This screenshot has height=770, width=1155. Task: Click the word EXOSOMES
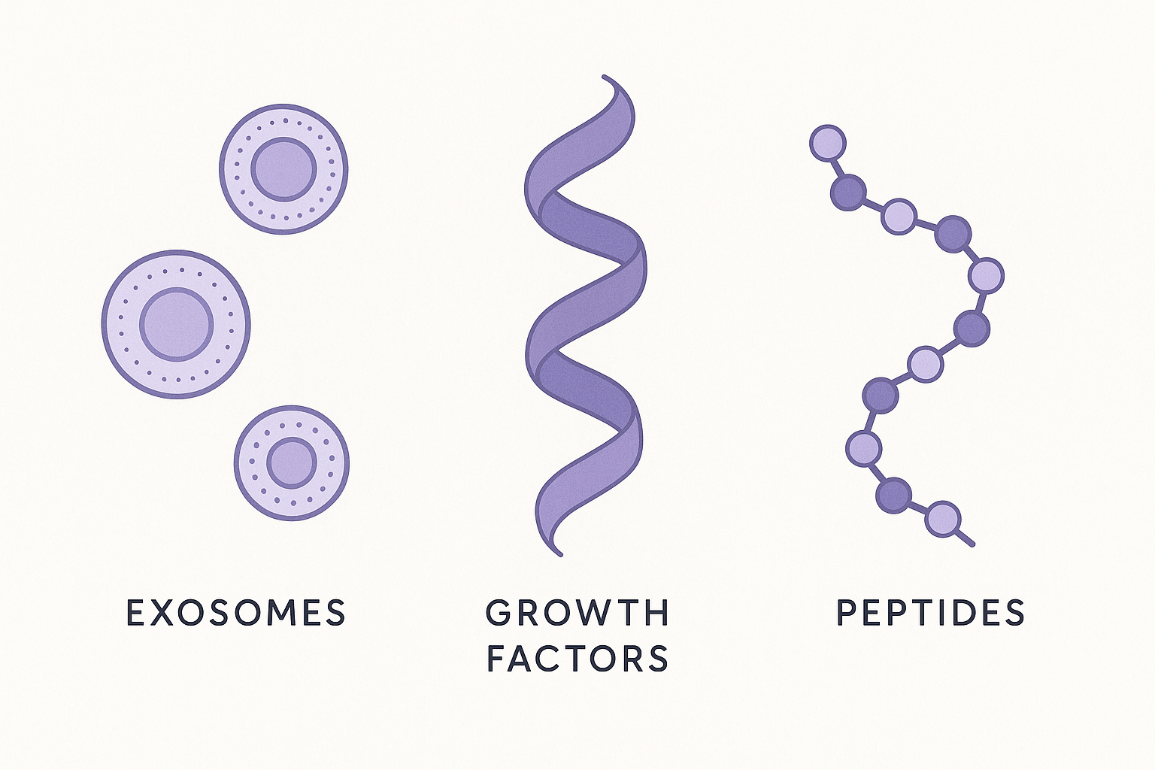pyautogui.click(x=235, y=613)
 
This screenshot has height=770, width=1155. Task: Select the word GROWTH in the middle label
pyautogui.click(x=577, y=613)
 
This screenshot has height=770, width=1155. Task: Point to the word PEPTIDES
pyautogui.click(x=930, y=613)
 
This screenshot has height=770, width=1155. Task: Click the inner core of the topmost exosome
pyautogui.click(x=283, y=169)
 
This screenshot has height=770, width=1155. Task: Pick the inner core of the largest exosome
pyautogui.click(x=177, y=324)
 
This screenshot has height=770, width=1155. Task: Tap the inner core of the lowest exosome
pyautogui.click(x=292, y=462)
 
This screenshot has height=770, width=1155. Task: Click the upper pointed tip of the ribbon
pyautogui.click(x=604, y=77)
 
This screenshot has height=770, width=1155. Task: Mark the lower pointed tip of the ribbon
pyautogui.click(x=560, y=554)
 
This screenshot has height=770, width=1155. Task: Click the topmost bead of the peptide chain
pyautogui.click(x=828, y=143)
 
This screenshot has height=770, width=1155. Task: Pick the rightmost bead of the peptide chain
pyautogui.click(x=986, y=275)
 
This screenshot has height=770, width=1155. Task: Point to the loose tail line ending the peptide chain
pyautogui.click(x=966, y=538)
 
